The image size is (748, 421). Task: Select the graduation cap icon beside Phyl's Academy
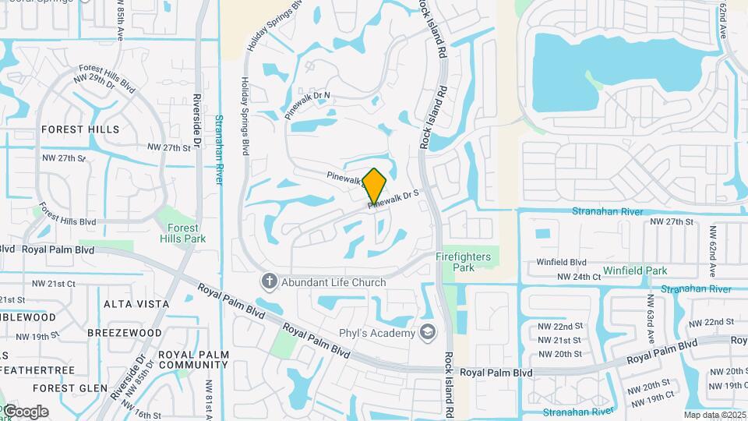427,333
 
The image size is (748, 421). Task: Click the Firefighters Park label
464,261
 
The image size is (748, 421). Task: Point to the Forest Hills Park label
182,233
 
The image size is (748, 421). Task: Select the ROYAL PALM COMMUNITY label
193,359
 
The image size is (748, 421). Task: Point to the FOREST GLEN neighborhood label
69,387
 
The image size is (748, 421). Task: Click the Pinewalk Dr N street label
308,104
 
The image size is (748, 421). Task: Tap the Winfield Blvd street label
561,262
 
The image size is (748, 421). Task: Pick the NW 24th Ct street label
578,276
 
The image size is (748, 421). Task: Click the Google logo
25,412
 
